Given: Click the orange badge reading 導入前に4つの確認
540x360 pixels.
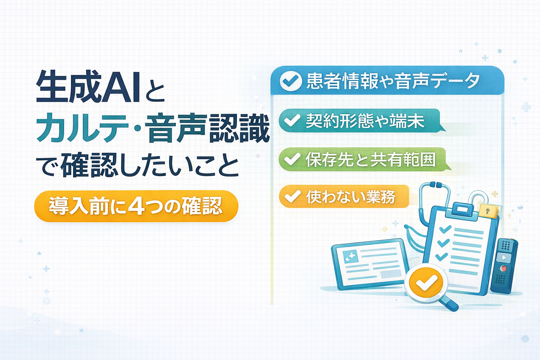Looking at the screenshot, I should [x=136, y=206].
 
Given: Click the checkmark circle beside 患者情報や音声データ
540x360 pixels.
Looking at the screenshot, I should [x=290, y=81].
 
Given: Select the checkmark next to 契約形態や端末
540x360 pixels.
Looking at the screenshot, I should [x=292, y=121].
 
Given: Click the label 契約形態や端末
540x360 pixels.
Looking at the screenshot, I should [x=365, y=121].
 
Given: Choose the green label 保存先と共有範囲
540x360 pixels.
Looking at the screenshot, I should [x=371, y=160].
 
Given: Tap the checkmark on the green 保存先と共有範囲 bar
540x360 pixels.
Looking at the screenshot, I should [x=292, y=159].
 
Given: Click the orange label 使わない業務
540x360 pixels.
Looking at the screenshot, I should [x=351, y=197].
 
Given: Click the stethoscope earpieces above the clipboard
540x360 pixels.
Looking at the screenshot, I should [x=436, y=185].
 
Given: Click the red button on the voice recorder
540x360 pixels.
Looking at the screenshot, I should [x=504, y=269].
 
